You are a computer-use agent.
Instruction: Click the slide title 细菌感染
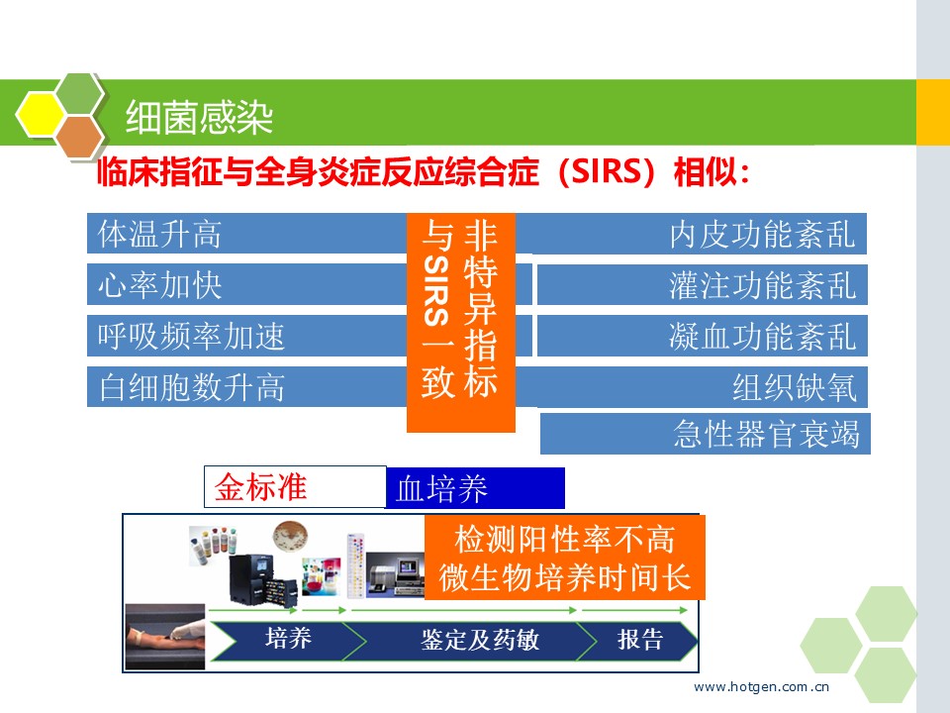click(x=199, y=117)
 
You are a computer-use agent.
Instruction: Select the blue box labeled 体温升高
click(x=247, y=234)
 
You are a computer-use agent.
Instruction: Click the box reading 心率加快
click(x=247, y=284)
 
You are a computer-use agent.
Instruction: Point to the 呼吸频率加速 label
click(x=191, y=336)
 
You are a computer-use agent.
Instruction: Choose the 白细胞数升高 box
click(x=247, y=387)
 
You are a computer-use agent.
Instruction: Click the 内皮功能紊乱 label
click(x=762, y=235)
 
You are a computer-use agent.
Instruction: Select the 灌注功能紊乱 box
click(x=703, y=284)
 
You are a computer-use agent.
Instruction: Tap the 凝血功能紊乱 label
click(x=762, y=337)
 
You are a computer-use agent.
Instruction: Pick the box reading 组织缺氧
click(x=703, y=387)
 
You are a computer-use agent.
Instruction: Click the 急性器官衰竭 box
click(x=706, y=434)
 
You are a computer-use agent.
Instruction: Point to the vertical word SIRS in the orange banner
click(x=436, y=290)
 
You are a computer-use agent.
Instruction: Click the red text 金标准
click(x=260, y=487)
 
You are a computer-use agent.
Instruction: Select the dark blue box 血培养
click(x=475, y=488)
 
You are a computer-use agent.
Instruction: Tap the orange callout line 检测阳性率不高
click(x=565, y=539)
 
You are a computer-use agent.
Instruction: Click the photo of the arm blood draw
click(x=165, y=637)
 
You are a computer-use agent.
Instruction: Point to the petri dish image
click(x=290, y=537)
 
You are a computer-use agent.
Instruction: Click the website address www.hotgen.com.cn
click(x=762, y=687)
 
